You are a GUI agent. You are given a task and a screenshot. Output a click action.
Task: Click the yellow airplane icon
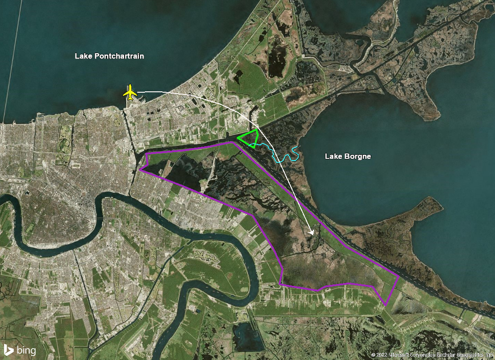point(130,92)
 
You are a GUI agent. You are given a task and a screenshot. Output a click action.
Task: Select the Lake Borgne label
point(348,157)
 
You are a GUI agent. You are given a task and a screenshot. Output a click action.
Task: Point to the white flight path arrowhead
point(311,233)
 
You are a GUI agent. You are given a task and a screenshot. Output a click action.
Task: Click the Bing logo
point(20,350)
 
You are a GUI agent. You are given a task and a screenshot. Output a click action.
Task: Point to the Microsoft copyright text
point(432,355)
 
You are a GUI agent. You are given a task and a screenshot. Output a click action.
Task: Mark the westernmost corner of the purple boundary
point(139,170)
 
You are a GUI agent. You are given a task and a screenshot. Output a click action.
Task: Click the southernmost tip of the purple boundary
point(386,305)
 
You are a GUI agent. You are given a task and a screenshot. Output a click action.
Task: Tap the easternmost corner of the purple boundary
point(398,275)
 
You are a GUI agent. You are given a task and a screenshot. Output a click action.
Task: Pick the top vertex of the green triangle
point(256,130)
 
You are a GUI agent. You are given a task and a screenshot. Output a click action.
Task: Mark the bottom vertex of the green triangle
point(255,147)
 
